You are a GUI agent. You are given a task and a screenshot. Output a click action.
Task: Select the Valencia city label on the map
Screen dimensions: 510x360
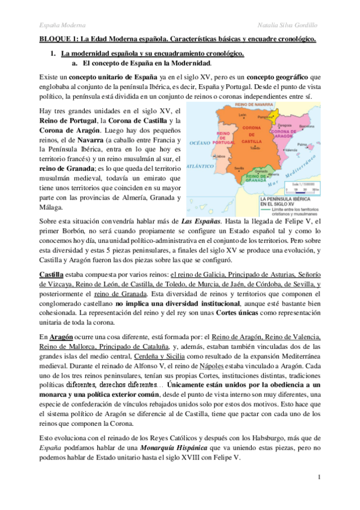pyautogui.click(x=291, y=149)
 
